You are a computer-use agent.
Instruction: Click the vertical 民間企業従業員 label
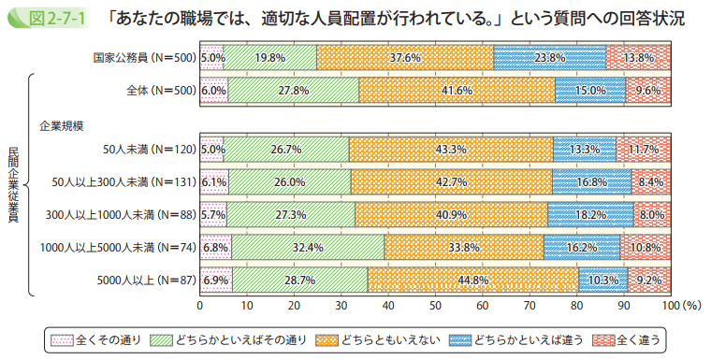pyautogui.click(x=13, y=185)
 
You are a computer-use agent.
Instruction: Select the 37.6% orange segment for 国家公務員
pyautogui.click(x=405, y=58)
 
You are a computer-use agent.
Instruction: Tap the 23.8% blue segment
pyautogui.click(x=549, y=58)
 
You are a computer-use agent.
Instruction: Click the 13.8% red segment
pyautogui.click(x=638, y=58)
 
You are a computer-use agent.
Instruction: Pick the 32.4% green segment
pyautogui.click(x=308, y=247)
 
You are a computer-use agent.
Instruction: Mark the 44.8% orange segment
pyautogui.click(x=473, y=280)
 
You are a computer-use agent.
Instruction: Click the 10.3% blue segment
pyautogui.click(x=602, y=280)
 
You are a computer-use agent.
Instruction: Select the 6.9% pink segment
pyautogui.click(x=216, y=280)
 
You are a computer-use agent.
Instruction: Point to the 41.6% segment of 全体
pyautogui.click(x=457, y=90)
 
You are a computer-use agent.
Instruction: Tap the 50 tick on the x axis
pyautogui.click(x=435, y=305)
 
